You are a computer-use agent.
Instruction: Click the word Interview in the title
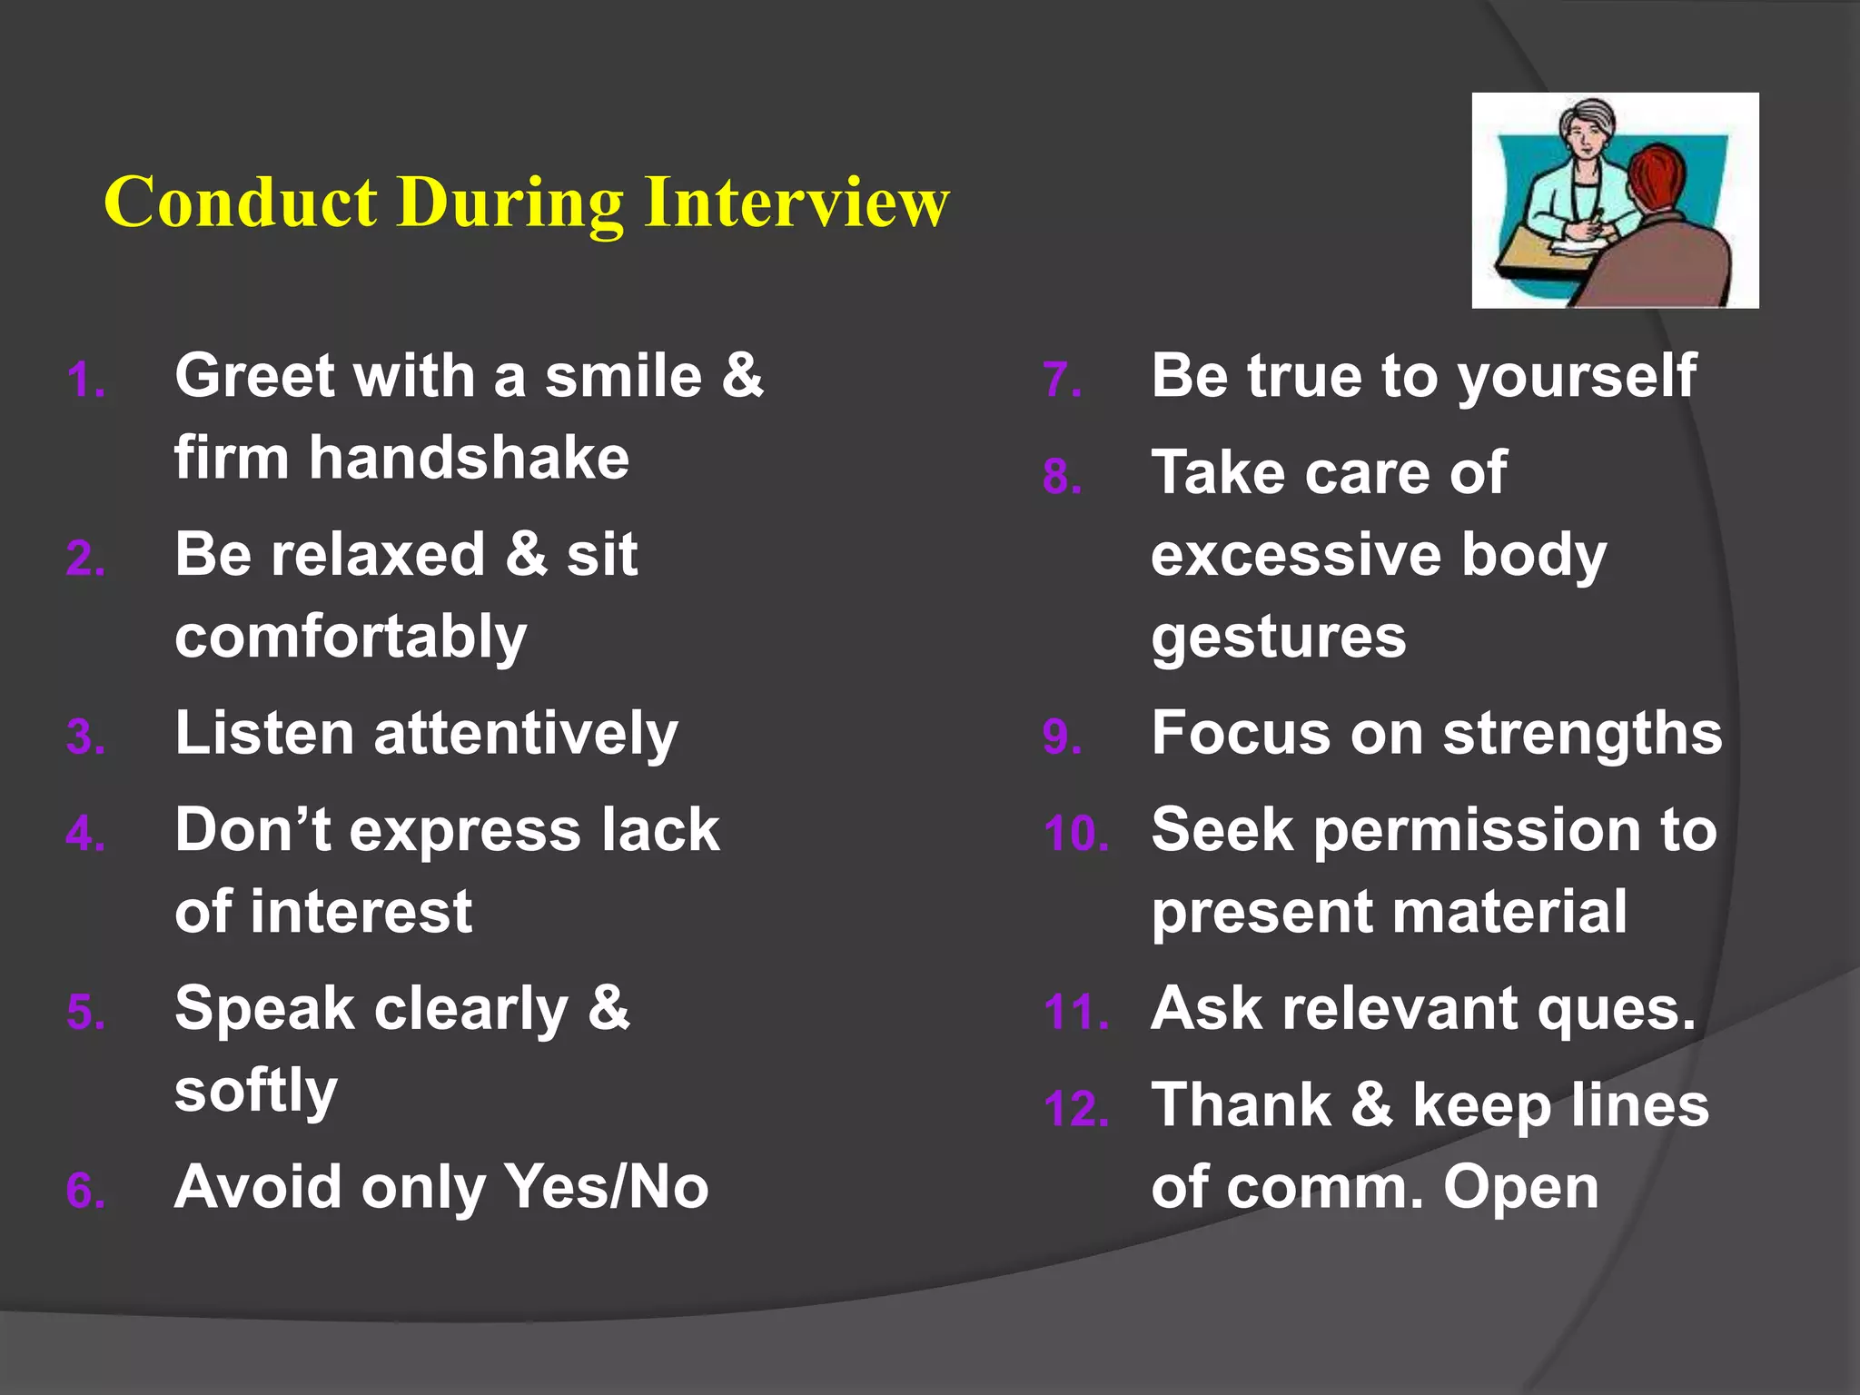point(796,202)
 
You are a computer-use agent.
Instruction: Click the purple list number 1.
point(85,381)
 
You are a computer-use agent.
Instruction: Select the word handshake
point(469,458)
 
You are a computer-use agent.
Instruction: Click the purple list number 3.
point(85,737)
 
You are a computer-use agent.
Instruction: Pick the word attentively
point(526,734)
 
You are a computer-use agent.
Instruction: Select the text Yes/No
point(607,1187)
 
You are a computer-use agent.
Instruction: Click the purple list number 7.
point(1062,381)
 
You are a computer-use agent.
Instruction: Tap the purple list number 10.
point(1075,834)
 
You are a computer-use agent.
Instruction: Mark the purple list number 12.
point(1075,1109)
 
